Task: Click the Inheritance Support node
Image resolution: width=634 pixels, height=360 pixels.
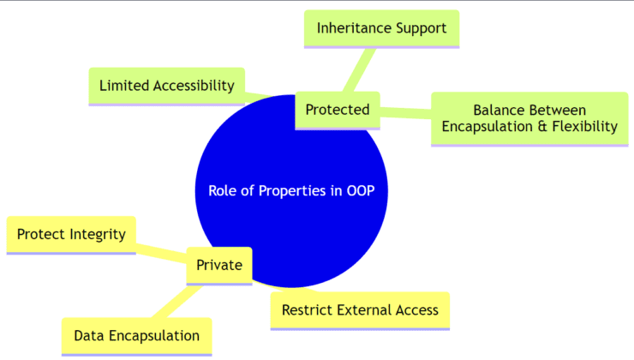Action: [x=381, y=28]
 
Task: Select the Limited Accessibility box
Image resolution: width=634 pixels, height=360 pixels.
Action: [x=166, y=86]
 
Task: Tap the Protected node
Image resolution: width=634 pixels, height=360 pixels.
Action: [x=338, y=110]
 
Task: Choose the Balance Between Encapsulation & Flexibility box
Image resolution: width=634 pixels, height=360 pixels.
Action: [x=529, y=118]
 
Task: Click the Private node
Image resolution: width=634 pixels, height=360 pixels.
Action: [x=219, y=265]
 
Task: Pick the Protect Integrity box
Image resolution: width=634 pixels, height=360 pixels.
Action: [x=71, y=234]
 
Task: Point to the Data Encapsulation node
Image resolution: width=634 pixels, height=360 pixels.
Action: [x=136, y=335]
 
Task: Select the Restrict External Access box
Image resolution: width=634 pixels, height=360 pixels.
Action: [x=360, y=309]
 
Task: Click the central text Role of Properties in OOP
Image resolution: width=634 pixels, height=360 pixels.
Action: [x=291, y=190]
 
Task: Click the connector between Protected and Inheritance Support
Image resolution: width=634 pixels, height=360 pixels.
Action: [x=359, y=69]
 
